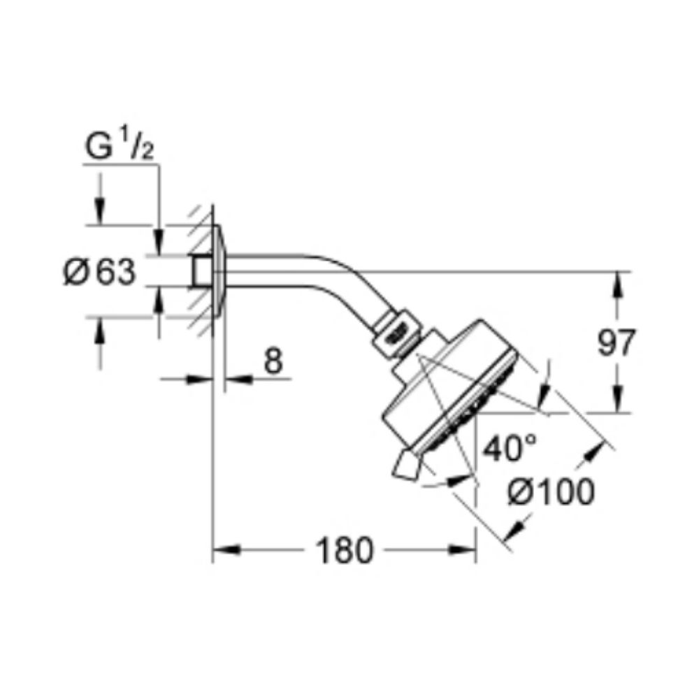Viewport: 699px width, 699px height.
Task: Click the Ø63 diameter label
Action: pyautogui.click(x=99, y=273)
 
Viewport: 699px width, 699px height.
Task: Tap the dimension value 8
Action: pyautogui.click(x=273, y=361)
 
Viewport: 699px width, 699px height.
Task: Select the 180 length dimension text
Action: pyautogui.click(x=343, y=550)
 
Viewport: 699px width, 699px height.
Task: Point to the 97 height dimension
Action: pyautogui.click(x=615, y=343)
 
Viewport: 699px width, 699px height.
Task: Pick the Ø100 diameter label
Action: pyautogui.click(x=551, y=491)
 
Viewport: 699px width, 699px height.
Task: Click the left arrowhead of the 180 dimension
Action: pyautogui.click(x=226, y=549)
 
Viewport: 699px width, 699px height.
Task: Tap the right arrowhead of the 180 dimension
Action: pyautogui.click(x=462, y=549)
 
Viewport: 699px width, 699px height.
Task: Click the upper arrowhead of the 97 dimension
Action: pyautogui.click(x=618, y=285)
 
